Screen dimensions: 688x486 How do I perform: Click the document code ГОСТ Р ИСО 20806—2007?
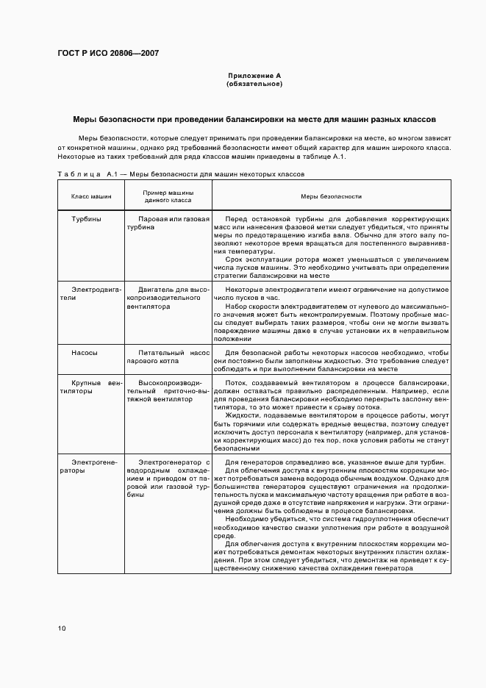pyautogui.click(x=108, y=54)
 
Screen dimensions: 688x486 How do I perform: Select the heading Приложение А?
pyautogui.click(x=254, y=76)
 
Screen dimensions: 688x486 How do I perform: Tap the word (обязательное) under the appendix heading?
pyautogui.click(x=254, y=84)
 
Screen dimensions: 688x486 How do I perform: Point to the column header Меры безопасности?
pyautogui.click(x=332, y=196)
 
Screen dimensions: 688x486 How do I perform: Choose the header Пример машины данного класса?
pyautogui.click(x=168, y=196)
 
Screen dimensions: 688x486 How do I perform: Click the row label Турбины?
pyautogui.click(x=86, y=219)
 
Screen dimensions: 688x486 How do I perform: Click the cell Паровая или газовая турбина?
pyautogui.click(x=168, y=223)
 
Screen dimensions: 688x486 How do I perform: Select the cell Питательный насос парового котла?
pyautogui.click(x=168, y=357)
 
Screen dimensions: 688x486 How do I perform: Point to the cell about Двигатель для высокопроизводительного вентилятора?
pyautogui.click(x=168, y=298)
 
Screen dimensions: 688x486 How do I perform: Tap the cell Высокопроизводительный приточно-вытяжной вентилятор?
pyautogui.click(x=168, y=391)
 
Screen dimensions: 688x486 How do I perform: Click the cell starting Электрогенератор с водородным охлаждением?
pyautogui.click(x=168, y=479)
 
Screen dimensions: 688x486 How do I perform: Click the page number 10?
pyautogui.click(x=62, y=628)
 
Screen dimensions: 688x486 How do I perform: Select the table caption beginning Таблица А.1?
pyautogui.click(x=181, y=174)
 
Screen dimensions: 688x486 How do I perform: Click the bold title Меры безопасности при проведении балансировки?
pyautogui.click(x=254, y=118)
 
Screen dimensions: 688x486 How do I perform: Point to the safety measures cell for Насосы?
pyautogui.click(x=332, y=361)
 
